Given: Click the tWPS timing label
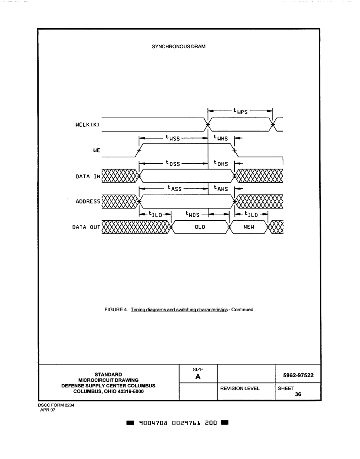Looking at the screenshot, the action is click(241, 111).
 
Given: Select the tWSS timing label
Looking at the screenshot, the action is click(173, 138).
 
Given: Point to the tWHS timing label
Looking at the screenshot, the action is click(221, 138).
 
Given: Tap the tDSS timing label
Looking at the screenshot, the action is click(173, 163).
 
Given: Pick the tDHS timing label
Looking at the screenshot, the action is click(221, 163).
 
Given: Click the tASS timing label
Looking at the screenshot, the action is click(175, 188).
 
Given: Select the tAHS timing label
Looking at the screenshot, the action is click(221, 188).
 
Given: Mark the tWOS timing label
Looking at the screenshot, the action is click(192, 214).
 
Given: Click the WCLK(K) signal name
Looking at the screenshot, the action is click(87, 125).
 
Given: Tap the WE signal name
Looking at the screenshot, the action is click(96, 150).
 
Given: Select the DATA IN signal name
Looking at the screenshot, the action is click(88, 176).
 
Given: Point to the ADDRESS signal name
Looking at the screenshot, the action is click(88, 201).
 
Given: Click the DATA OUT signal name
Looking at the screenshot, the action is click(86, 227).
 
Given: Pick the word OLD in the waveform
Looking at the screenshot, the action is click(200, 227).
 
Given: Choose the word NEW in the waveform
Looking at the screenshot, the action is click(249, 227).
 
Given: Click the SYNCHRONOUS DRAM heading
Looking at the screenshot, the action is click(178, 47).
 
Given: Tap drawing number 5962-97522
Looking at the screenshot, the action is click(298, 375).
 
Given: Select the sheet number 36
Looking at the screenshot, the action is click(298, 394).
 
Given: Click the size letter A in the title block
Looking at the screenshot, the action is click(198, 377).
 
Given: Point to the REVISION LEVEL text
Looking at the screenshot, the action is click(240, 389).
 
